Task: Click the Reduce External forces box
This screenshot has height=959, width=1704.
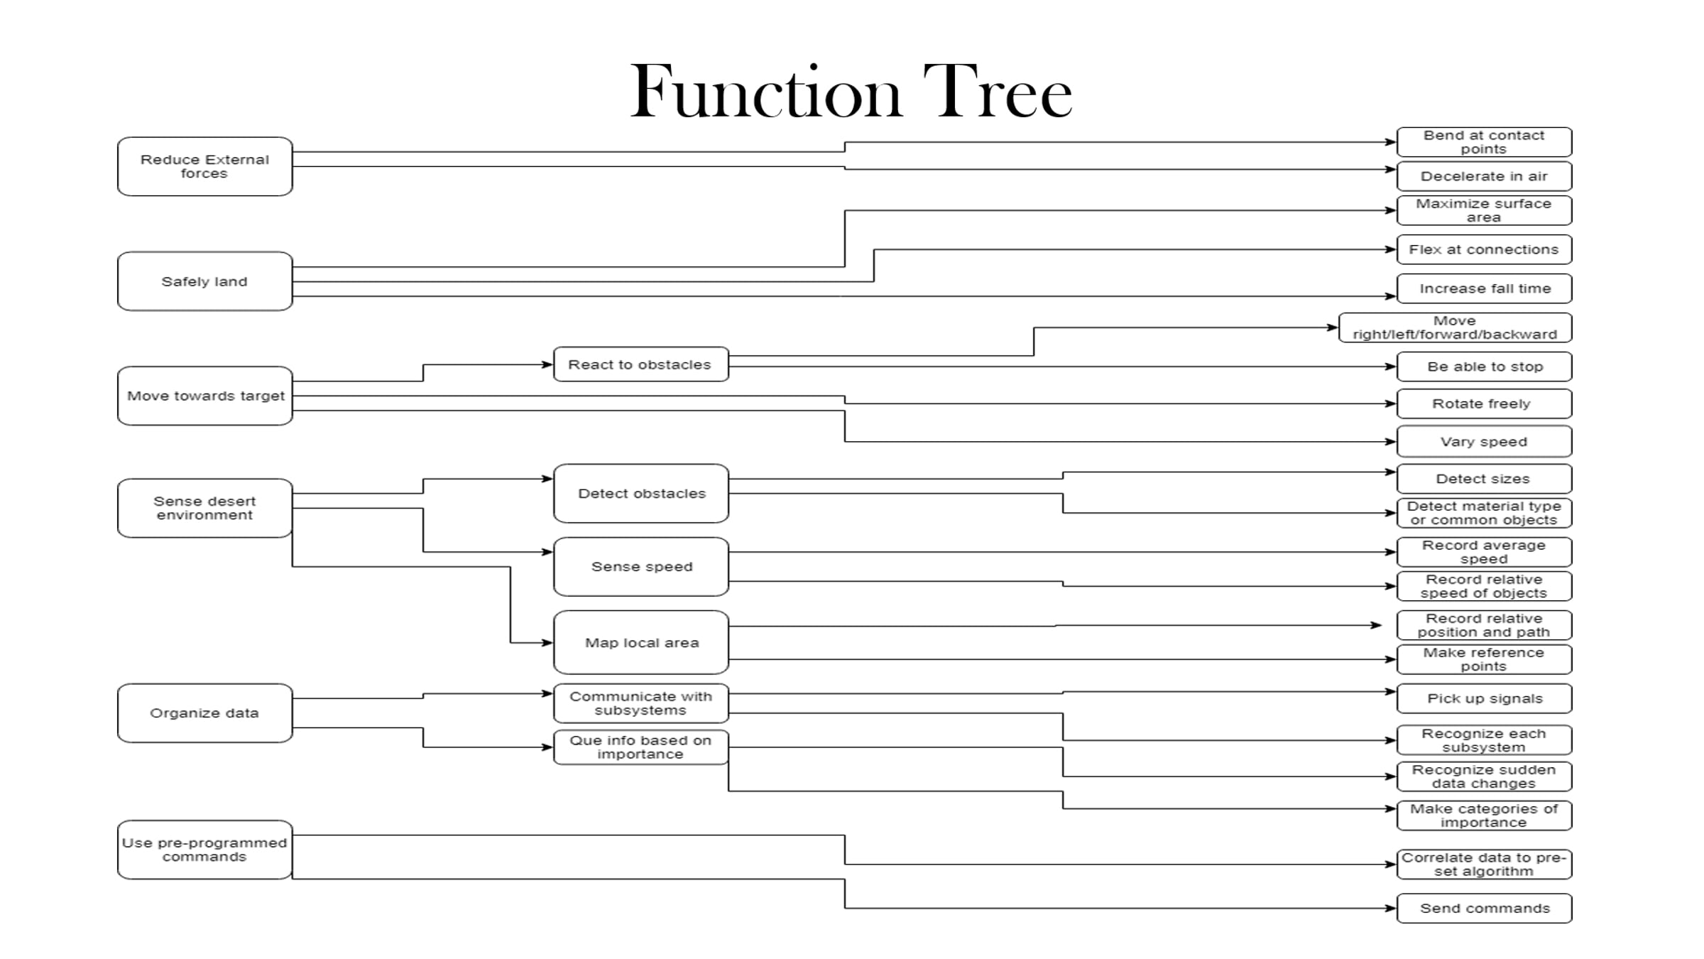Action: [x=204, y=166]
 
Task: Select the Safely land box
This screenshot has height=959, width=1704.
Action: [x=204, y=281]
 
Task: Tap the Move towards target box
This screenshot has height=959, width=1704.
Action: [x=204, y=396]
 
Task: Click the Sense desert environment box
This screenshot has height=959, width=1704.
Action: [x=204, y=508]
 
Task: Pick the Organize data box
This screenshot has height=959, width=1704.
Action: [x=204, y=713]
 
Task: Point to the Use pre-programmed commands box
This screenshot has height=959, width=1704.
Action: [x=204, y=850]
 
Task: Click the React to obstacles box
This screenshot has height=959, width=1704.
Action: [x=640, y=364]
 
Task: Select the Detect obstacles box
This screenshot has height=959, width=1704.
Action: [x=640, y=494]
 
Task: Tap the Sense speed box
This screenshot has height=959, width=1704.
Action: [x=640, y=567]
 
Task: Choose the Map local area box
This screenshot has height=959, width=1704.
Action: [x=640, y=642]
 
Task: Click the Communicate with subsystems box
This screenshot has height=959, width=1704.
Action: [x=640, y=703]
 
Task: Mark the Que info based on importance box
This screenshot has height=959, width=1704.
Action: [x=640, y=747]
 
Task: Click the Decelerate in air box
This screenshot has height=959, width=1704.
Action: [x=1484, y=176]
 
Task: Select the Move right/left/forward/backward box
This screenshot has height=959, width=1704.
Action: [x=1455, y=327]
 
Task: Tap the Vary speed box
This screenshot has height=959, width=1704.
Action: [x=1484, y=441]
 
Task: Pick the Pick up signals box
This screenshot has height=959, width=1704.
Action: [x=1484, y=698]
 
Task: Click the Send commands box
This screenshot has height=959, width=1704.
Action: [x=1484, y=908]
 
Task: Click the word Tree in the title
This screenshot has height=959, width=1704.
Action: [x=997, y=92]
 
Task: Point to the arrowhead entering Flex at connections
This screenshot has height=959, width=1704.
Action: [x=1391, y=249]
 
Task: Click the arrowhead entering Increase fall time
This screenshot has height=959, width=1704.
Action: [x=1391, y=296]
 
